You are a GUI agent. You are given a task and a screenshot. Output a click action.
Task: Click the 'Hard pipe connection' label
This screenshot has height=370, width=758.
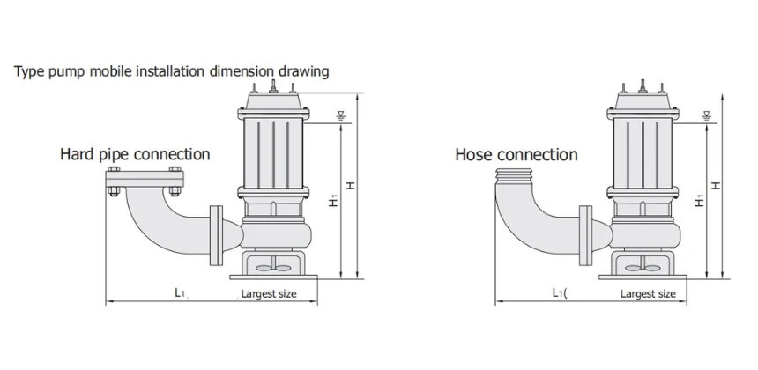coord(135,154)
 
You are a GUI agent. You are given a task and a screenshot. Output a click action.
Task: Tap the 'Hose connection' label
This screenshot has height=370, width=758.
coord(516,155)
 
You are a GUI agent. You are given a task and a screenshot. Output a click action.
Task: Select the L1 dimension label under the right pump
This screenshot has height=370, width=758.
coord(558,293)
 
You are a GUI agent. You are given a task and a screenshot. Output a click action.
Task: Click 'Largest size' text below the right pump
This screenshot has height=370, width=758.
coord(648,294)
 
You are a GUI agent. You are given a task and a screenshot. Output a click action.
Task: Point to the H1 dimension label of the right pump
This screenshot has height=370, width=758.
coord(699,201)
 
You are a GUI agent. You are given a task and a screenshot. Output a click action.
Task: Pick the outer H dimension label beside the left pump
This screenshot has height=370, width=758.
coord(351,186)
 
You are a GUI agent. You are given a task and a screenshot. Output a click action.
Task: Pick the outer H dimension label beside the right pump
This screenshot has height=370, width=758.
coord(716,186)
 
